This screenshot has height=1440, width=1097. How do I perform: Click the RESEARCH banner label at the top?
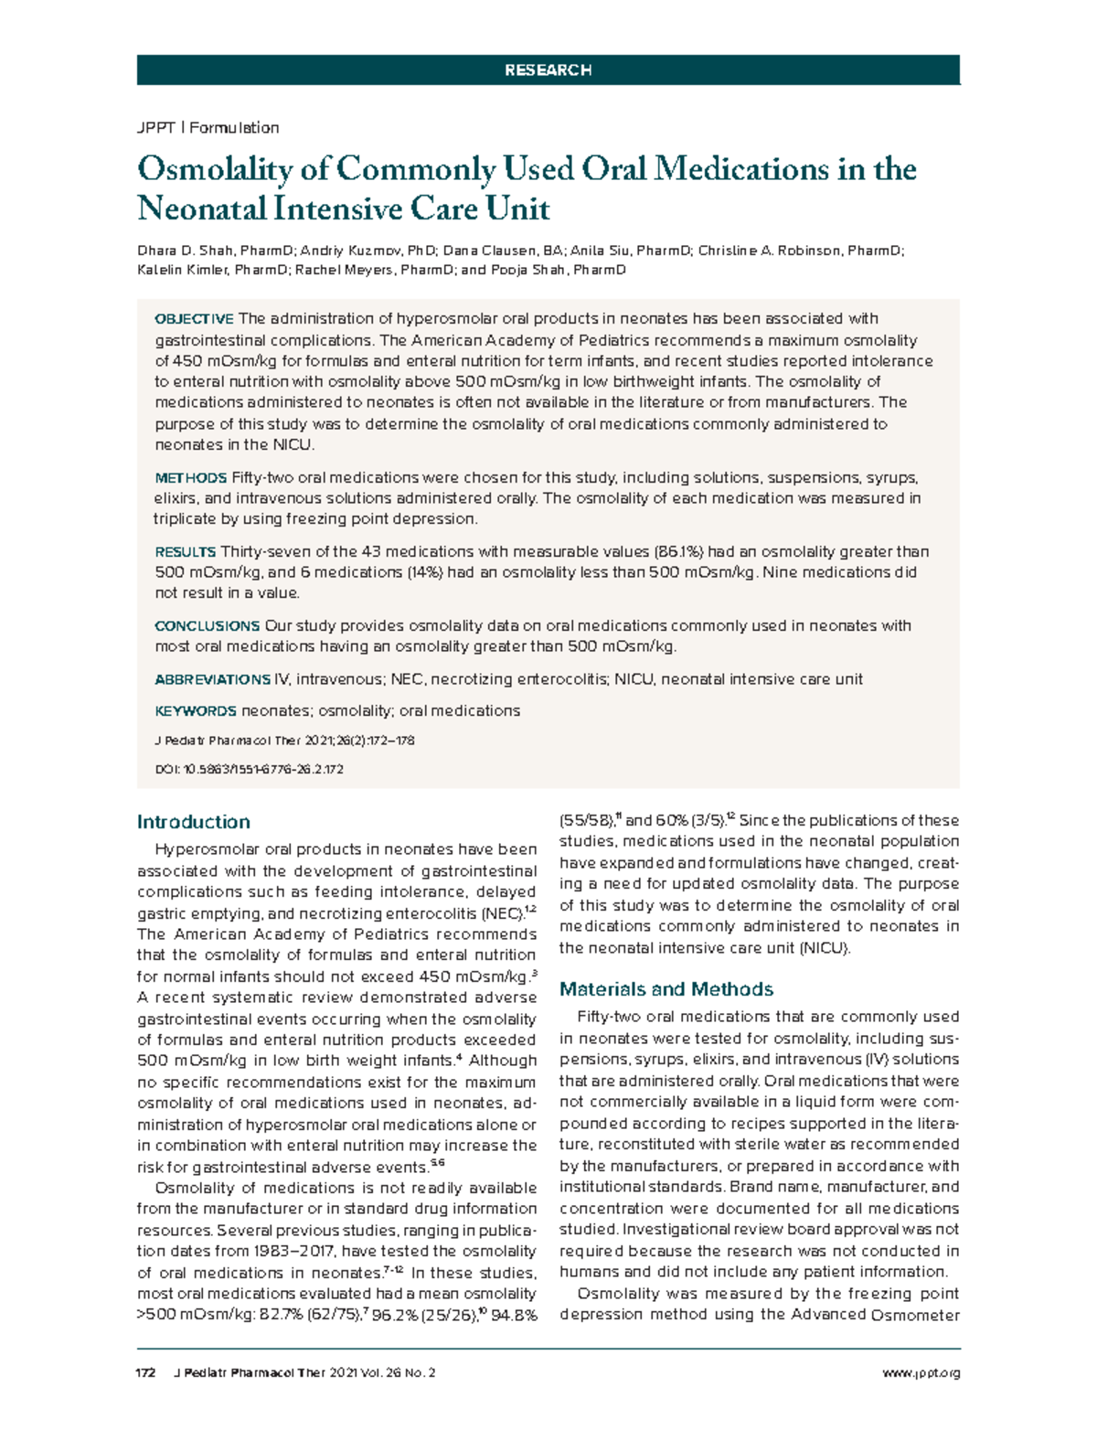[548, 69]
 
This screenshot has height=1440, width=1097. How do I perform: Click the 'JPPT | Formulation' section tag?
[208, 127]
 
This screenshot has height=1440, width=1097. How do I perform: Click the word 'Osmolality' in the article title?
[215, 169]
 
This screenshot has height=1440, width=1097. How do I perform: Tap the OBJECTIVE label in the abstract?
[194, 319]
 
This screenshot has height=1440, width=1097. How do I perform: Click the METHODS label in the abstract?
[190, 478]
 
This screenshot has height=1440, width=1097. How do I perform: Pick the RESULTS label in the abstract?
[185, 552]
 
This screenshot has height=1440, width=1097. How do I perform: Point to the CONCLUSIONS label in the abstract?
[207, 626]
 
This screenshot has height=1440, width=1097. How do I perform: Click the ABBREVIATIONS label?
[212, 679]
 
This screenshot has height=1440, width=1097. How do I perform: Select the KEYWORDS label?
[195, 710]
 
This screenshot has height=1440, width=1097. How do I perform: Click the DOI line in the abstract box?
[249, 770]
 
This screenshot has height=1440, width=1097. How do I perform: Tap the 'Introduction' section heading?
[193, 821]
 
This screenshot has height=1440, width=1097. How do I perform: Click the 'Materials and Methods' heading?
[666, 988]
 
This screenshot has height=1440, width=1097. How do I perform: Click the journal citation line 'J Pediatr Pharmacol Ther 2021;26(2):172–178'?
[284, 741]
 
